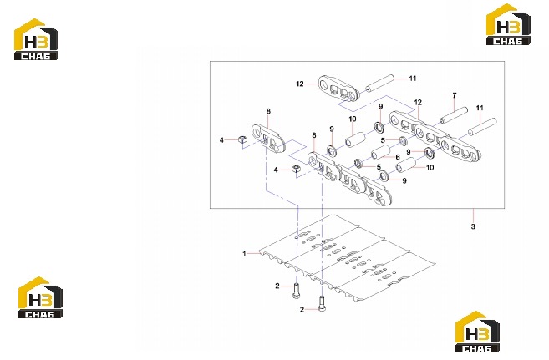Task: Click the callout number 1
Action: tap(244, 253)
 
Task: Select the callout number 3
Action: tap(473, 226)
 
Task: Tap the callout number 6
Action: tap(398, 157)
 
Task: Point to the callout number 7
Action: tap(455, 95)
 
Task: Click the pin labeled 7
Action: tap(454, 115)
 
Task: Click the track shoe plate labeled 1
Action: tap(347, 259)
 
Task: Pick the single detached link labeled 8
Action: tap(269, 138)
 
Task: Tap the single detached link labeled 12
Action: tap(338, 88)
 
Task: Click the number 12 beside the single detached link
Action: tap(300, 84)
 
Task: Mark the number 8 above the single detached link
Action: tap(268, 112)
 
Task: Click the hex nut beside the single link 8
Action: tap(241, 139)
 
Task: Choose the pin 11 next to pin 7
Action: tap(482, 127)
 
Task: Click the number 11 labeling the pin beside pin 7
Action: tap(480, 108)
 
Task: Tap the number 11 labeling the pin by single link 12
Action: tap(413, 79)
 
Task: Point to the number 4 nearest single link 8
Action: tap(221, 140)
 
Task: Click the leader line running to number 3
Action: tap(473, 215)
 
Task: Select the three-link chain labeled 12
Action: tap(435, 136)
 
